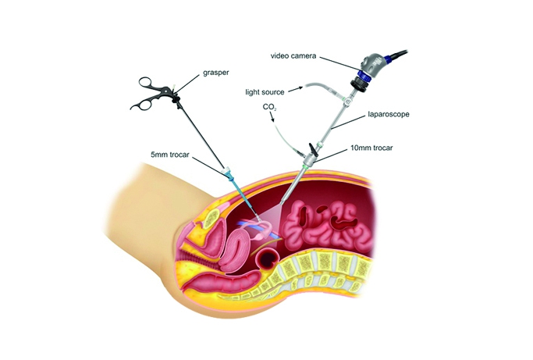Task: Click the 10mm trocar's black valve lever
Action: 313,148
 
